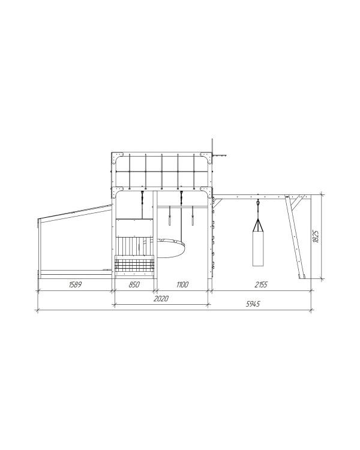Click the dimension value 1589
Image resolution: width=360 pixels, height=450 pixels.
click(x=75, y=284)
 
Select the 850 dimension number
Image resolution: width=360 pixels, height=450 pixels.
click(x=134, y=284)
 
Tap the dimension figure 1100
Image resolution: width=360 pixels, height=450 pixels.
click(x=182, y=284)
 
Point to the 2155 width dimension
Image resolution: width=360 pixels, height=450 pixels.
click(x=261, y=284)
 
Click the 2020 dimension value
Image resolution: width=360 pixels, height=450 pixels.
click(x=161, y=299)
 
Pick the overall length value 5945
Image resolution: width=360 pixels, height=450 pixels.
click(x=253, y=304)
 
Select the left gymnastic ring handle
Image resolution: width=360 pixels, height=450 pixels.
click(x=170, y=216)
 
